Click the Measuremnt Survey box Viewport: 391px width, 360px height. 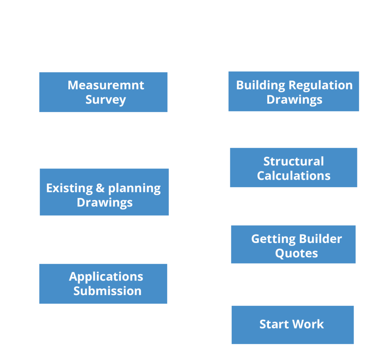103,92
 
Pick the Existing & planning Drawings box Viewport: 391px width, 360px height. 104,192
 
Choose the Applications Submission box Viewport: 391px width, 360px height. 103,284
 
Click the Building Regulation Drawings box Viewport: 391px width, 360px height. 294,92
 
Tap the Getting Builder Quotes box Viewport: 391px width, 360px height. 293,244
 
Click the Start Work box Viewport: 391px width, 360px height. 292,325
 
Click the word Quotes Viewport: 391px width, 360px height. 296,253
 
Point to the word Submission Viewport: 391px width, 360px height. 107,291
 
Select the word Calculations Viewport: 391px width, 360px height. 294,175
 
